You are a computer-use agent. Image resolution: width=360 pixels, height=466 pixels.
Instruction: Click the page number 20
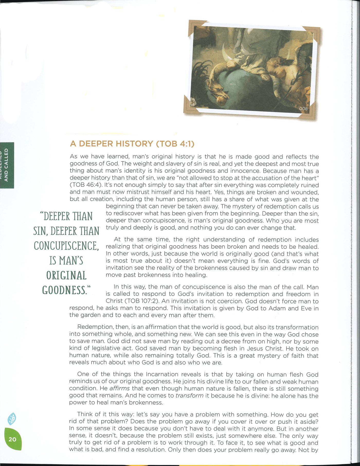tap(12, 439)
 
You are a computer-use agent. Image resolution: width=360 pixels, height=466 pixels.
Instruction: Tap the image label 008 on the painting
tap(303, 109)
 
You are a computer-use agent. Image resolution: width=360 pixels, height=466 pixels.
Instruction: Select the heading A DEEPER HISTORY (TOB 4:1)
tap(132, 144)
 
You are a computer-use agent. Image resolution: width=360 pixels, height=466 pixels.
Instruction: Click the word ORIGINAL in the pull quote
tap(66, 275)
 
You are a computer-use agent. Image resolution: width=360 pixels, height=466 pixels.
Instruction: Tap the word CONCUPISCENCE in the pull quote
tap(66, 246)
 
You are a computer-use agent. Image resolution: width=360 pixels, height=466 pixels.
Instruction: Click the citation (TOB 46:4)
tap(86, 185)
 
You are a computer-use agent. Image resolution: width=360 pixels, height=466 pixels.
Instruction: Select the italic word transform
tap(190, 396)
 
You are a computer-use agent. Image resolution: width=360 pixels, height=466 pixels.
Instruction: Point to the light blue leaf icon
tap(12, 418)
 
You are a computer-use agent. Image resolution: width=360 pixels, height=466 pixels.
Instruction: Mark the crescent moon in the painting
tap(226, 53)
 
